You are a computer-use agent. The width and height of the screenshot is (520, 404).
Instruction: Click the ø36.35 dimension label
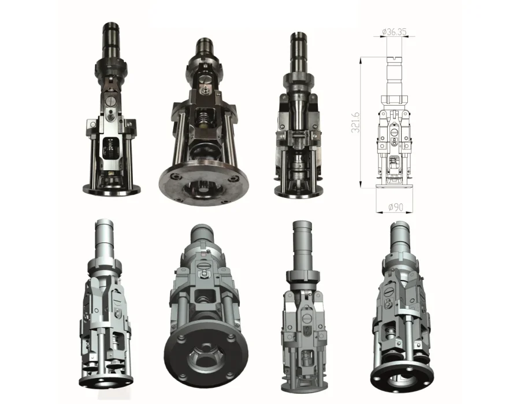point(394,32)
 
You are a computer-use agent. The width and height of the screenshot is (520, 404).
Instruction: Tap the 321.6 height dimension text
point(355,122)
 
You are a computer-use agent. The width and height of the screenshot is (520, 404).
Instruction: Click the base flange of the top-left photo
point(112,190)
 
